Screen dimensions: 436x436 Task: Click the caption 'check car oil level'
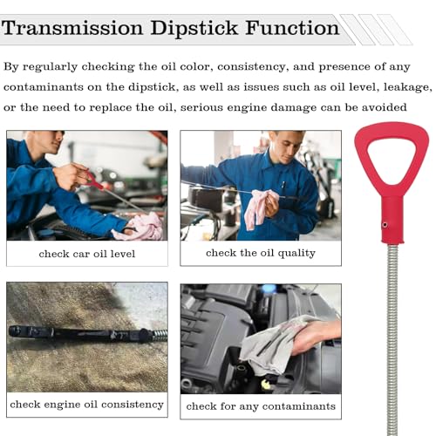[x=86, y=254]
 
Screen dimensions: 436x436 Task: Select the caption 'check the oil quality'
[x=260, y=253]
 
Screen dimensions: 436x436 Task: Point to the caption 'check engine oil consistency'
[x=86, y=405]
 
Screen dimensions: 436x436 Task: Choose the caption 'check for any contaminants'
[x=260, y=406]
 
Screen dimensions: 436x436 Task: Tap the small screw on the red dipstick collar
[x=384, y=224]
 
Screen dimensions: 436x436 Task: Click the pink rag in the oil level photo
[x=140, y=226]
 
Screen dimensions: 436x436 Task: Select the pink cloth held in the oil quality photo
[x=260, y=207]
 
